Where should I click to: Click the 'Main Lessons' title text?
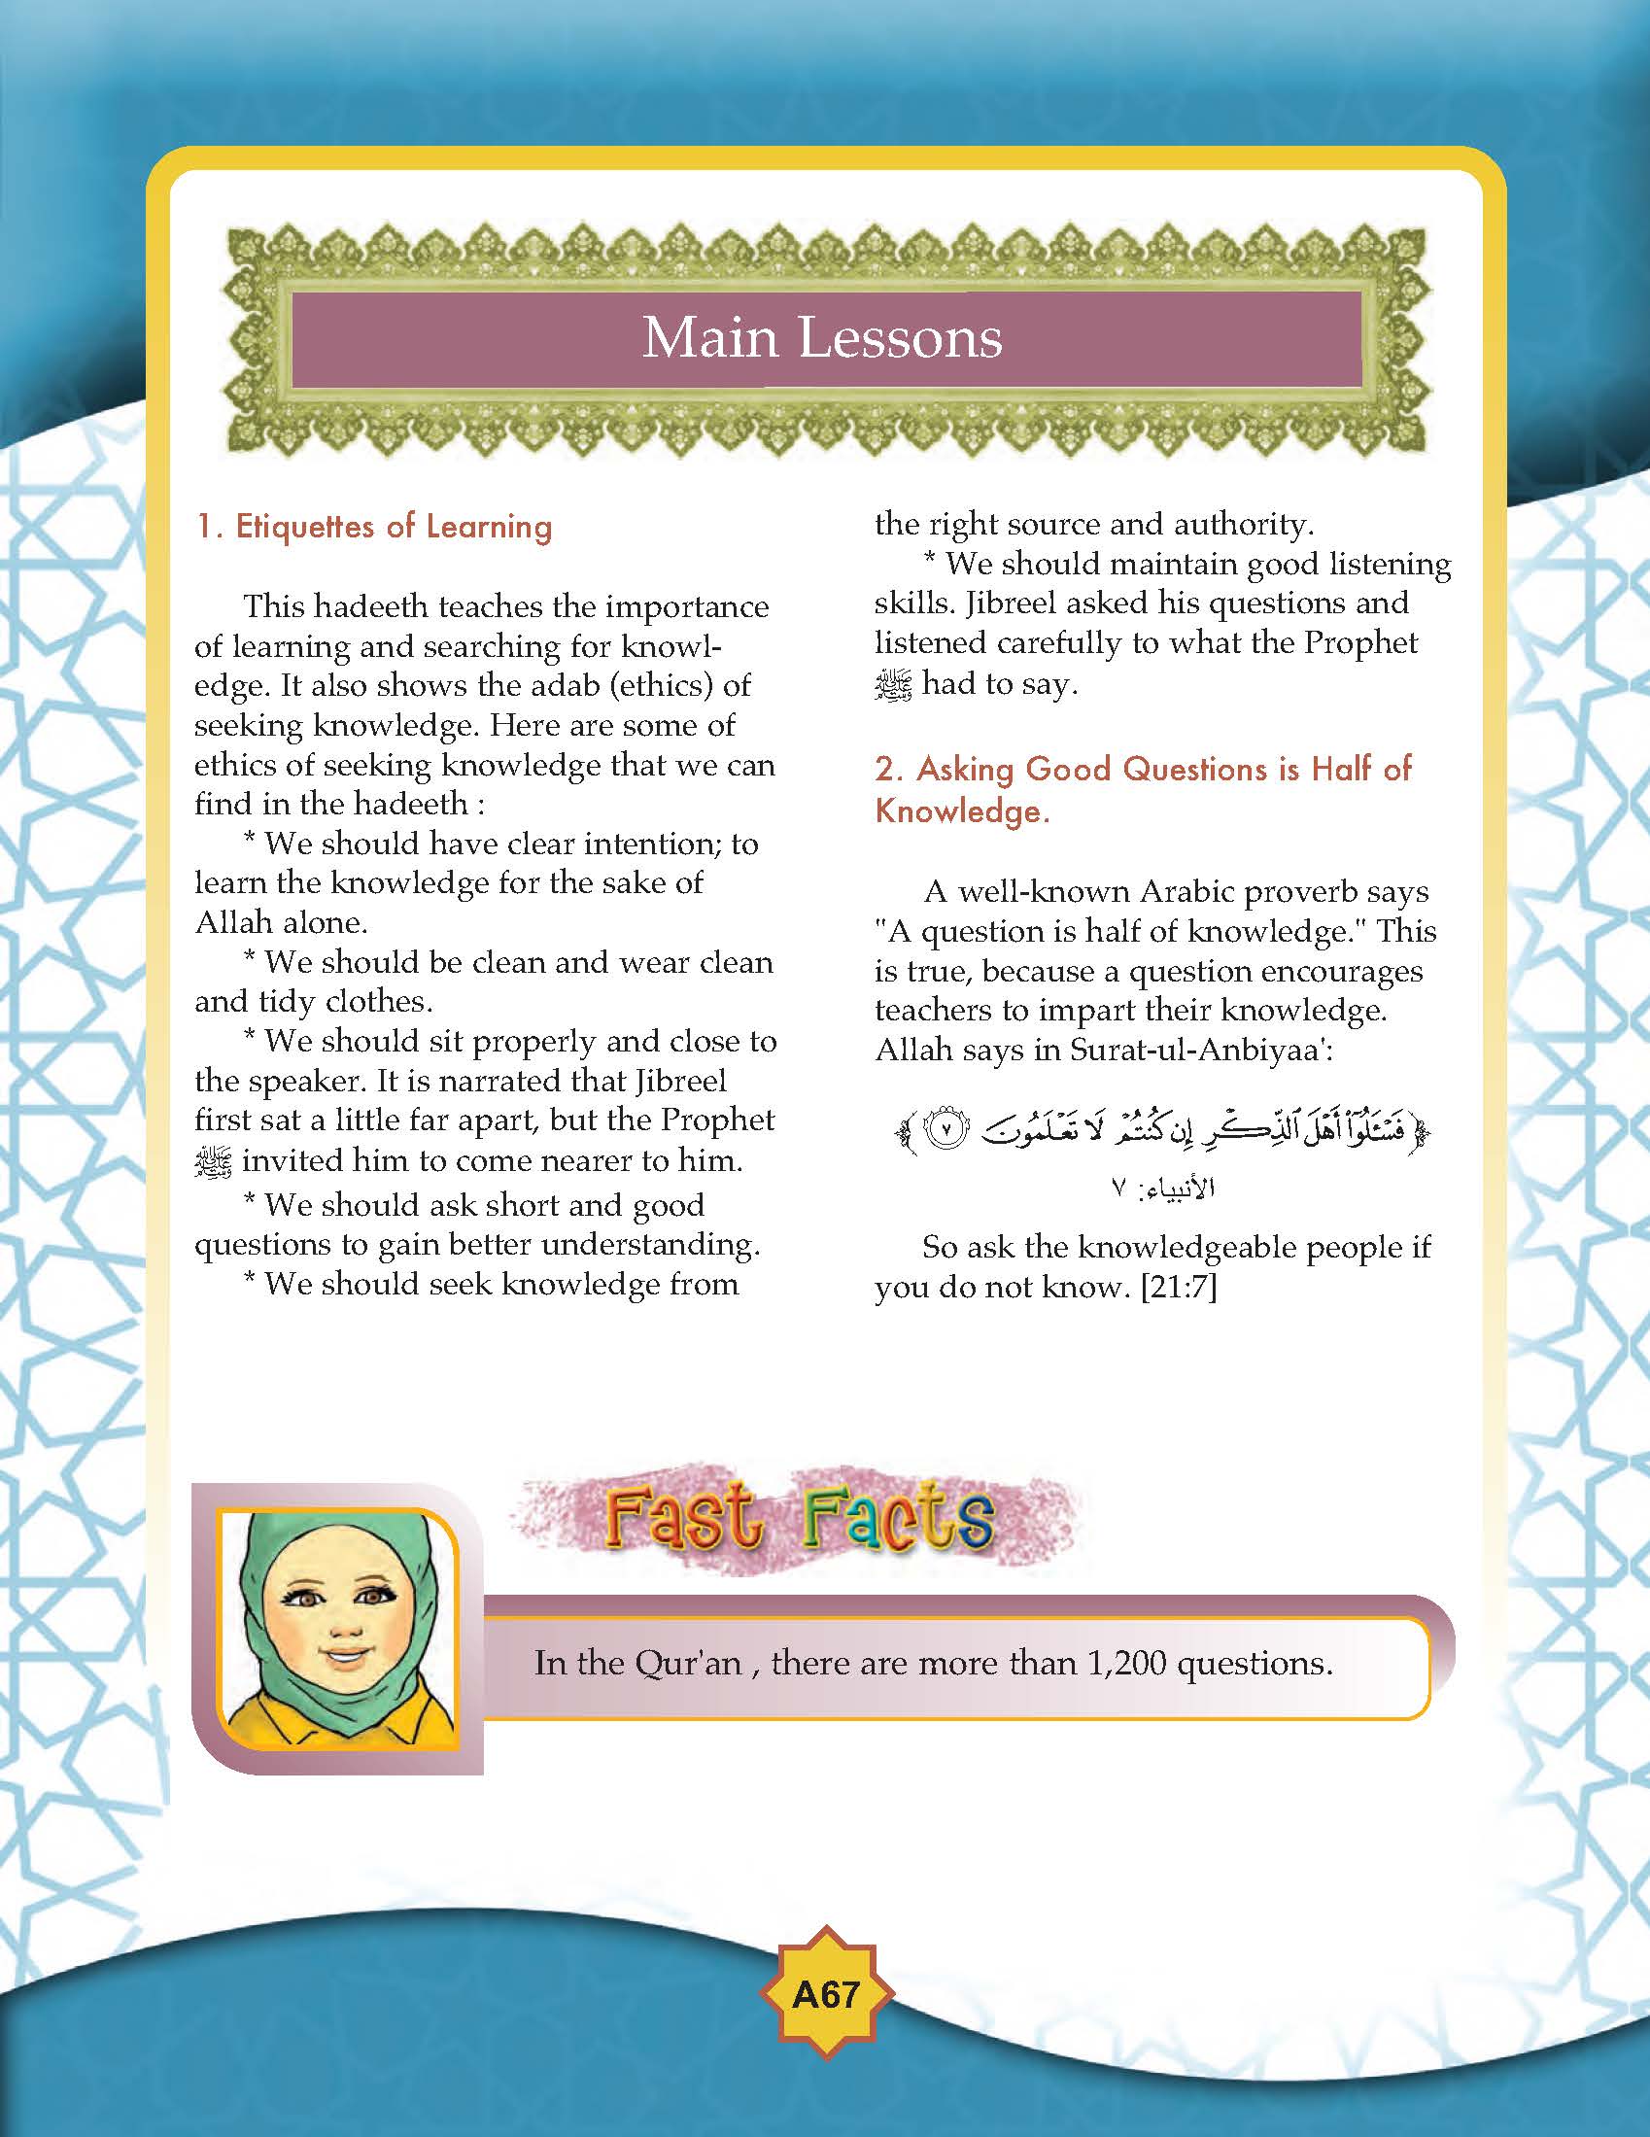pyautogui.click(x=822, y=337)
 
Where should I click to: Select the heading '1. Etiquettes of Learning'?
pyautogui.click(x=374, y=527)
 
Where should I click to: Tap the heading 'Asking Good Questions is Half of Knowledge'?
pyautogui.click(x=1142, y=789)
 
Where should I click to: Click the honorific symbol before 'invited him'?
pyautogui.click(x=214, y=1161)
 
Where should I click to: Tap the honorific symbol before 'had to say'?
pyautogui.click(x=893, y=685)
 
